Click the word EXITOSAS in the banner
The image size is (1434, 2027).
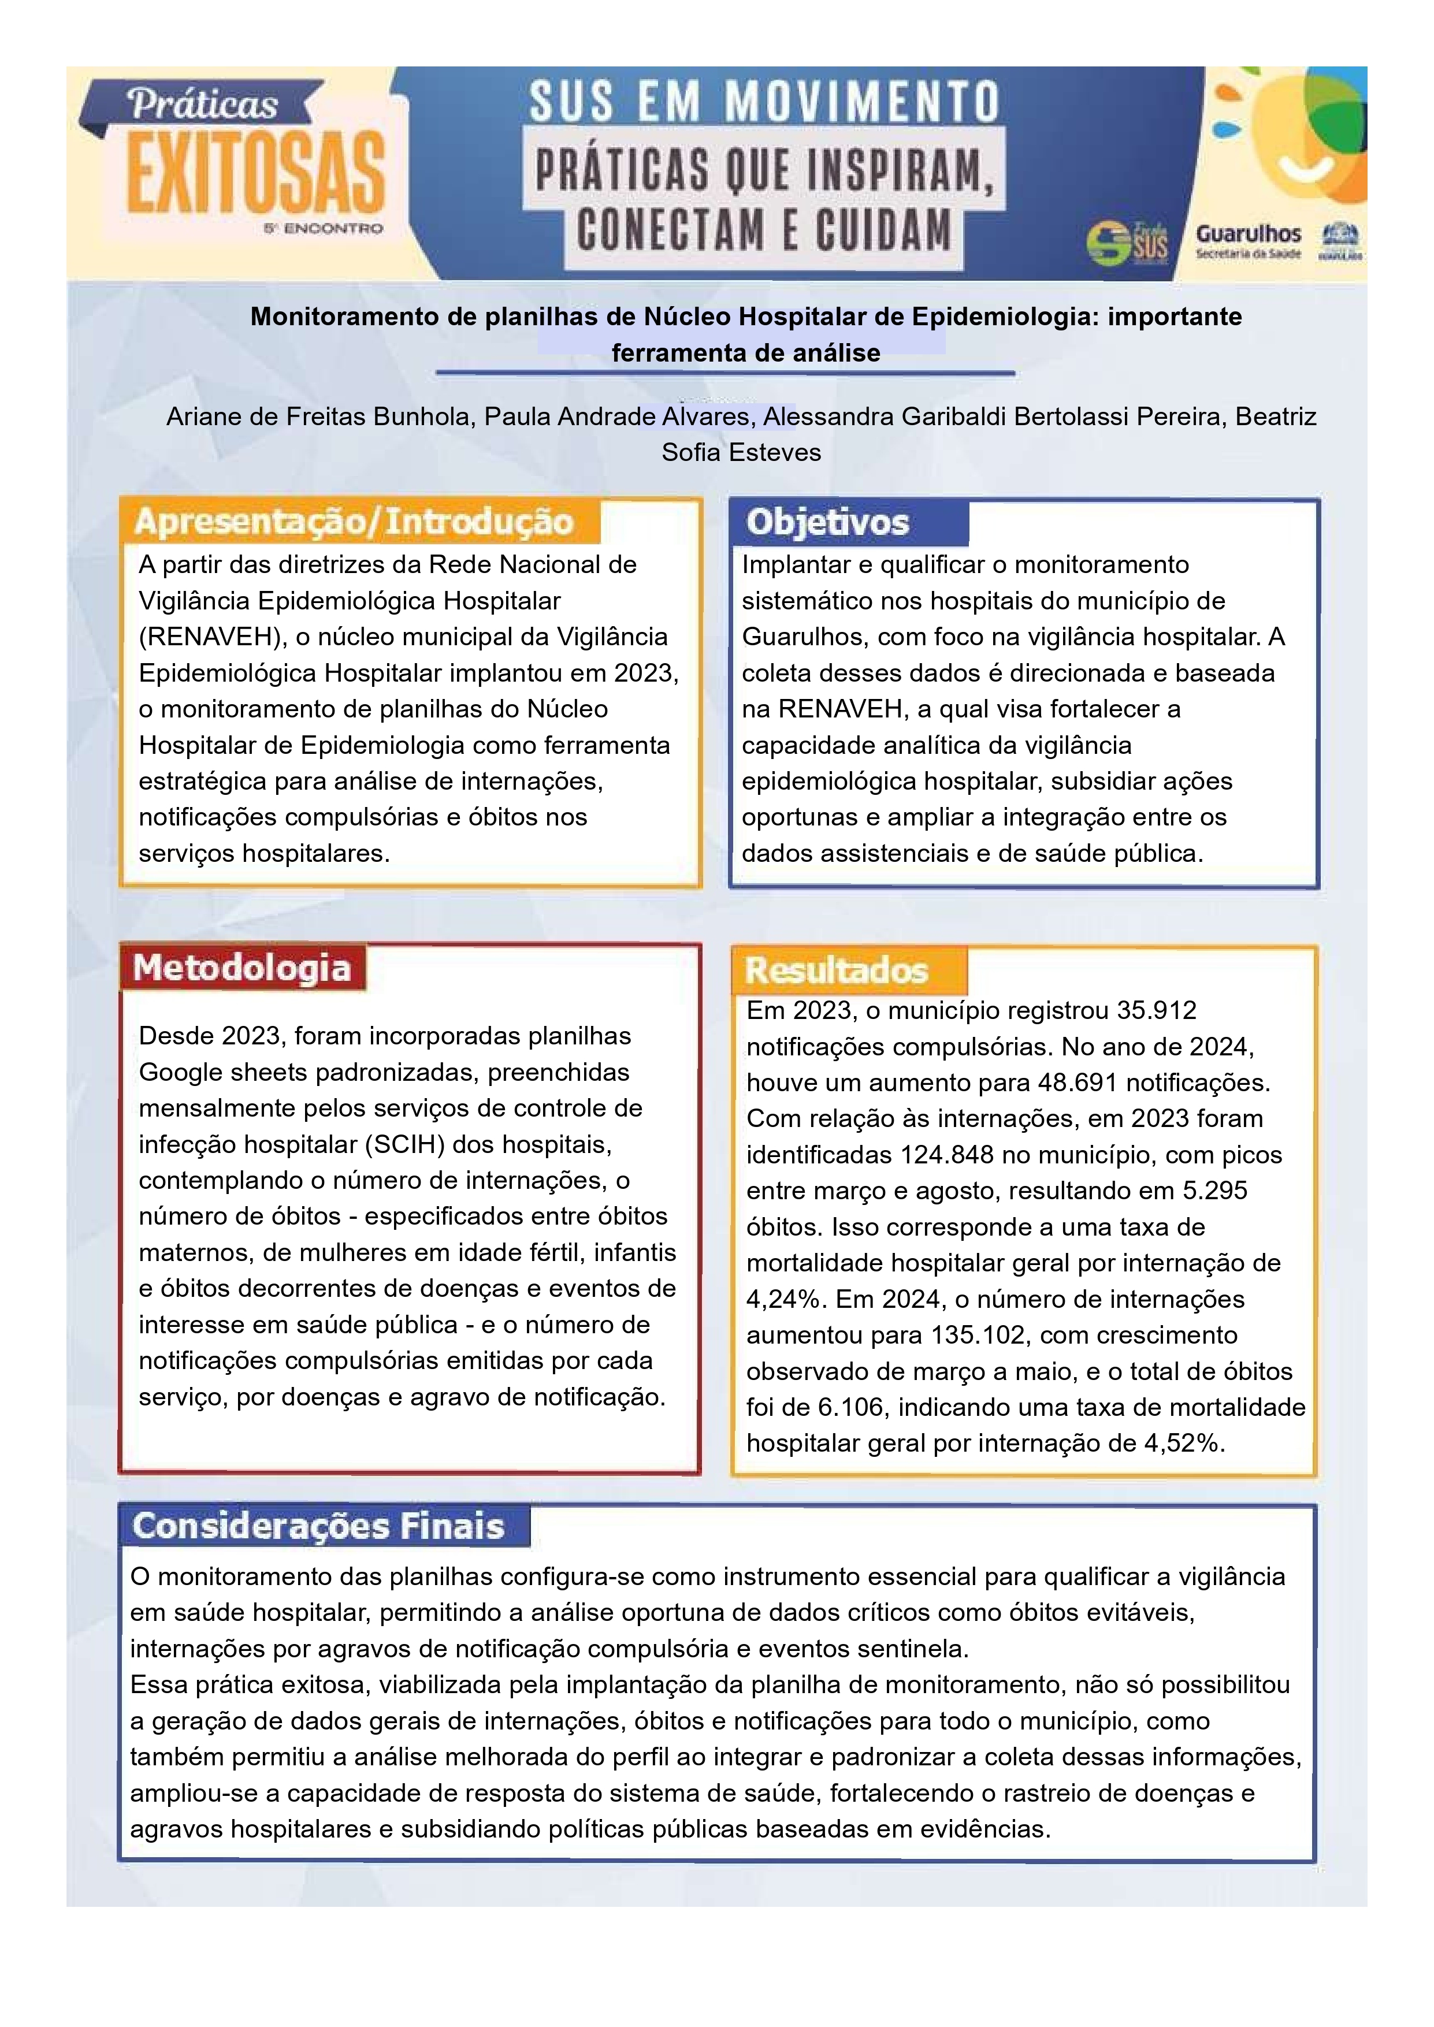[x=256, y=173]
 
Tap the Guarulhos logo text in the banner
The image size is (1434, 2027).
[x=1248, y=234]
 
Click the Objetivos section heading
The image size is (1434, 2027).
[x=827, y=523]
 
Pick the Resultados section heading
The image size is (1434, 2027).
[x=836, y=970]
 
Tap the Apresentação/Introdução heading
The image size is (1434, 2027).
[x=353, y=522]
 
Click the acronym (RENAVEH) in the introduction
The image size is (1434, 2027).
[x=209, y=637]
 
